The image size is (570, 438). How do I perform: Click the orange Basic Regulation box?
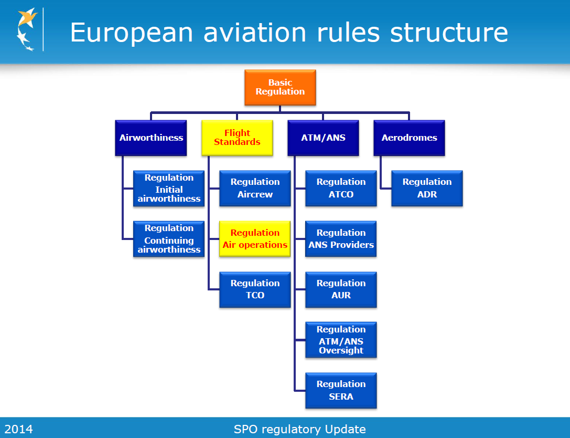[x=280, y=87]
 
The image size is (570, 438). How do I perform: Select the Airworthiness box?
[x=151, y=138]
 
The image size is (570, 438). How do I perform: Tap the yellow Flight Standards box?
[x=237, y=138]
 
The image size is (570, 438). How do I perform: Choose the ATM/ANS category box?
[x=323, y=138]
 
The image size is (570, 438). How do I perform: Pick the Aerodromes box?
[x=410, y=138]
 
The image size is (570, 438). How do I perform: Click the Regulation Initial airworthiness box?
[x=169, y=188]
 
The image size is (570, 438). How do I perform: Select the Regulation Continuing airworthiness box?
[x=169, y=239]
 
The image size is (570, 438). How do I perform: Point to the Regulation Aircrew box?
[x=255, y=188]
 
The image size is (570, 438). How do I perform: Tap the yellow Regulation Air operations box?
[x=255, y=239]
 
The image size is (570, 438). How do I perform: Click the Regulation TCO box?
[x=255, y=289]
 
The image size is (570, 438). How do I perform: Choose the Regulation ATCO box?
[x=341, y=188]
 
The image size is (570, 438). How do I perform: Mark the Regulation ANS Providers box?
[x=341, y=239]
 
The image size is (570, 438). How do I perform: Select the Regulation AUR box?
[x=341, y=289]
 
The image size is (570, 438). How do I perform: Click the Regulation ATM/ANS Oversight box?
[x=341, y=340]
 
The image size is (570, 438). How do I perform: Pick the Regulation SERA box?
[x=341, y=390]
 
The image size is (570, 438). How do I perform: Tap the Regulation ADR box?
[x=427, y=188]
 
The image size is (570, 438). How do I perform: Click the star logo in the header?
[x=27, y=29]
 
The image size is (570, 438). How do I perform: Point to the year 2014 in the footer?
[x=18, y=429]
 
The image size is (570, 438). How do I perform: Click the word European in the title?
[x=131, y=33]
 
